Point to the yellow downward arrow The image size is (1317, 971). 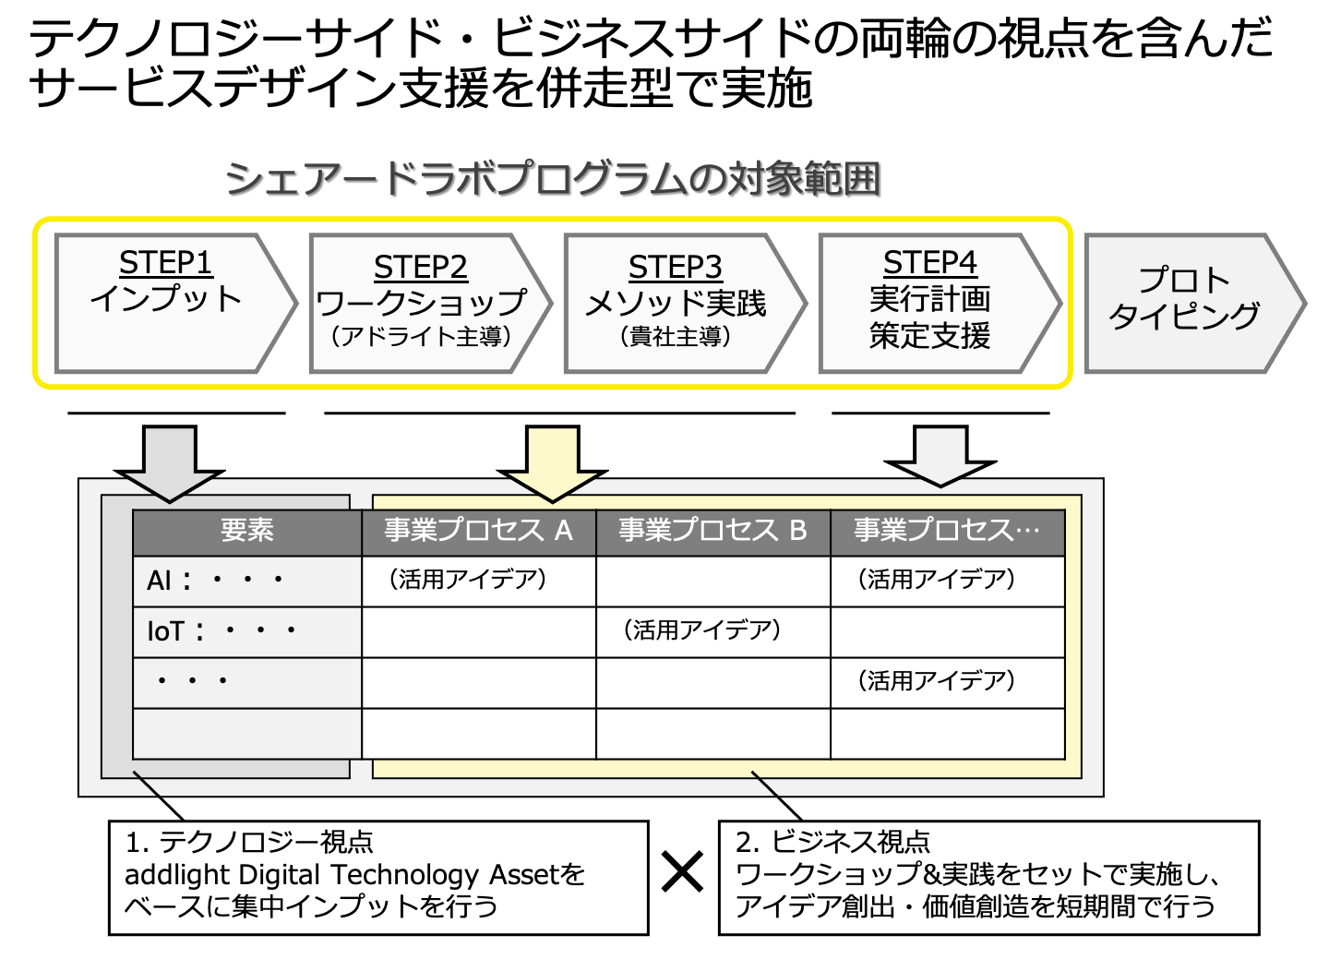point(552,462)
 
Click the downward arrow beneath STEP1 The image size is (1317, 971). point(169,462)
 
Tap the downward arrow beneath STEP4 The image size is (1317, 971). point(940,456)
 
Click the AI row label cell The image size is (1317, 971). point(247,581)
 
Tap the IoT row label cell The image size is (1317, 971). point(247,632)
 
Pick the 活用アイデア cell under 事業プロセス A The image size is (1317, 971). point(479,581)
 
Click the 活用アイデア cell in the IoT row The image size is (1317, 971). point(713,632)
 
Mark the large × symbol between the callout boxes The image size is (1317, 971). point(682,871)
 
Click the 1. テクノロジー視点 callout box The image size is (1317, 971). point(378,878)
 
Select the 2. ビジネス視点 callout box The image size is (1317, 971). point(989,878)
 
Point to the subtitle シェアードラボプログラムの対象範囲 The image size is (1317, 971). point(553,179)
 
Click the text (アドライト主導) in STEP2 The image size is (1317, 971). point(421,337)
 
